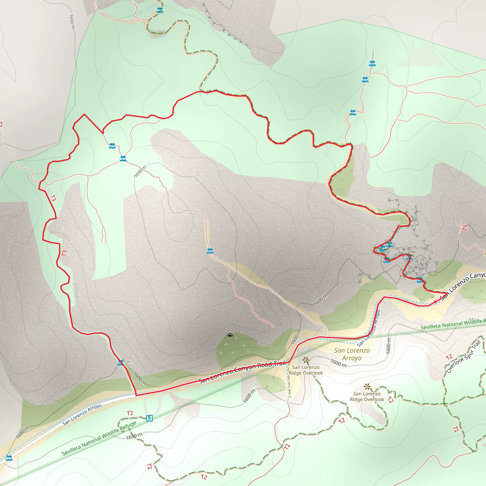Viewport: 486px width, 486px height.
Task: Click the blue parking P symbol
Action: [x=150, y=418]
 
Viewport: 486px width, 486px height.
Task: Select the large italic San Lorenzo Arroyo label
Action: [x=352, y=354]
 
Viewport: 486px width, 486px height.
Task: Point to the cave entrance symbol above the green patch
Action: [x=230, y=335]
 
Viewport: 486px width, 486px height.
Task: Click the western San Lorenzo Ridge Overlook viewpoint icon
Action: [x=306, y=360]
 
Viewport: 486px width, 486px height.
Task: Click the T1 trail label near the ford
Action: [x=128, y=364]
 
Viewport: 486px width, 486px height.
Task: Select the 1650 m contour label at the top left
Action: [x=72, y=21]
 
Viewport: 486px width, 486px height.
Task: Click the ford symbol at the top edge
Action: [x=160, y=10]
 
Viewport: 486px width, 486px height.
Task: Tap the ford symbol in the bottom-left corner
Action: [x=9, y=458]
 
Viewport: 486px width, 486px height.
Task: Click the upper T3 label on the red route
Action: [x=53, y=198]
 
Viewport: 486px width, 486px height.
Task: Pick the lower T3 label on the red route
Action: [x=64, y=253]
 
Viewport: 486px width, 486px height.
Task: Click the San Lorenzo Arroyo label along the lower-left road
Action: [x=82, y=414]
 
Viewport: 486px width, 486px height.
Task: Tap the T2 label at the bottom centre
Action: [x=204, y=477]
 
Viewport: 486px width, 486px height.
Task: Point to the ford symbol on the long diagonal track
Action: [x=210, y=251]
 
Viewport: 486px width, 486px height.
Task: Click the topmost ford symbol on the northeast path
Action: [x=372, y=63]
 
